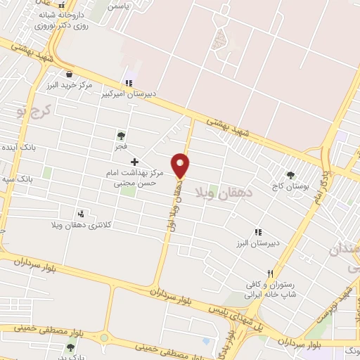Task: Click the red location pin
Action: [181, 165]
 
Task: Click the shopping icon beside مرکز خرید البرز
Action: [69, 73]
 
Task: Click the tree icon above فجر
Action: [121, 135]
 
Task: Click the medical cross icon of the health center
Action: [135, 162]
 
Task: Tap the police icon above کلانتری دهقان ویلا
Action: [82, 213]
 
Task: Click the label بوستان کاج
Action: [290, 187]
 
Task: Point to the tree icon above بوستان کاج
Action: [290, 176]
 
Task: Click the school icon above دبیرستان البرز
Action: [258, 231]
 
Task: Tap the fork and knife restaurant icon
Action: [269, 274]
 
